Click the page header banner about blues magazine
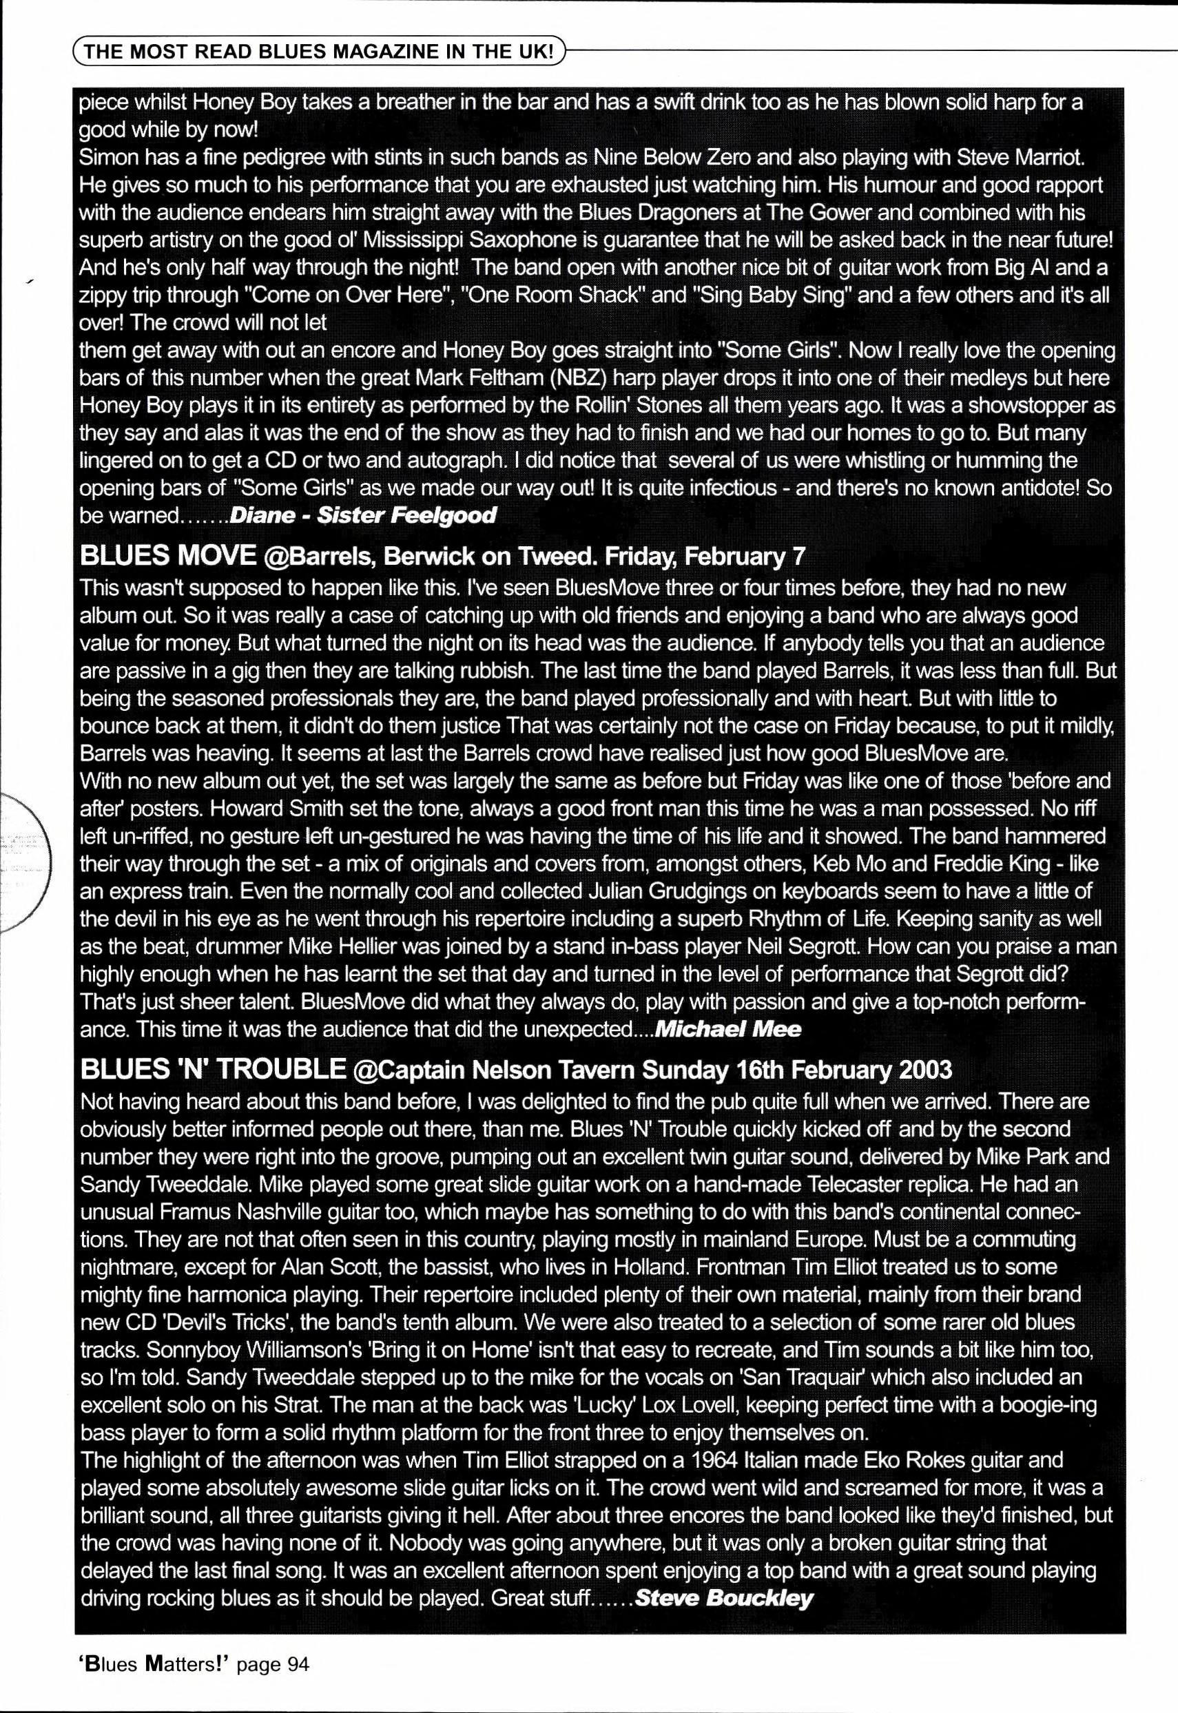pos(319,52)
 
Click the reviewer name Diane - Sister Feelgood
pos(363,515)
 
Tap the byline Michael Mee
pos(727,1029)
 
